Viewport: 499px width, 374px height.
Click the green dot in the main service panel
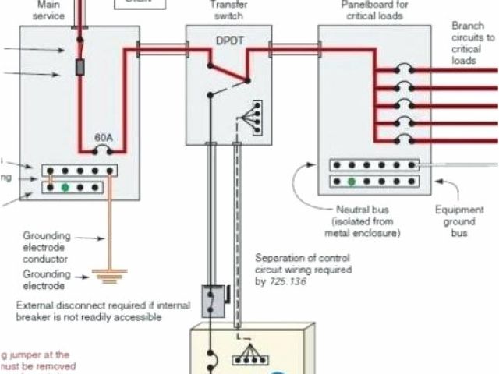[65, 187]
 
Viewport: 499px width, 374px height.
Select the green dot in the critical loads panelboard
[352, 182]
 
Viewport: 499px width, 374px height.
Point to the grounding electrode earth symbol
[109, 273]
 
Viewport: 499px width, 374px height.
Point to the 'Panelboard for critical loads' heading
[374, 9]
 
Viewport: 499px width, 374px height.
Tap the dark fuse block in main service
[78, 68]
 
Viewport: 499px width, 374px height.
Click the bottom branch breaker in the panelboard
[402, 139]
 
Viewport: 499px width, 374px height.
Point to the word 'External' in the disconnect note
[34, 305]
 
